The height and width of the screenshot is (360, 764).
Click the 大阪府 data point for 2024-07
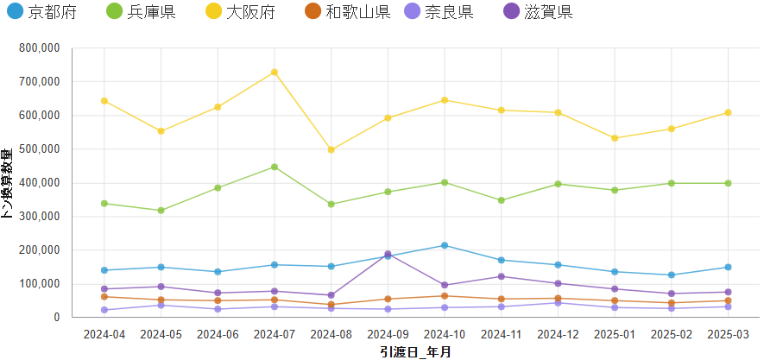(275, 72)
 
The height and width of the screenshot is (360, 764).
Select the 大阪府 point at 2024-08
(331, 149)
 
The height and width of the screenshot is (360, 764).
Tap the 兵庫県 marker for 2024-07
(275, 167)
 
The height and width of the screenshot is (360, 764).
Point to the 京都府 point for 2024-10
(445, 245)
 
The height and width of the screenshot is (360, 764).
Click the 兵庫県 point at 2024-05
(161, 211)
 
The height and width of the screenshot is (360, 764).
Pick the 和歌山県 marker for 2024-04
(104, 297)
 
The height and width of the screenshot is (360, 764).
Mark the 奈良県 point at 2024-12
(559, 303)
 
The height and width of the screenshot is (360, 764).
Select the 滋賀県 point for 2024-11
(502, 276)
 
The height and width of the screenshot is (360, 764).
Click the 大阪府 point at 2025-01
(615, 138)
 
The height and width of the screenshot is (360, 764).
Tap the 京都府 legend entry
(40, 12)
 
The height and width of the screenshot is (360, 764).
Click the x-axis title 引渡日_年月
(415, 351)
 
